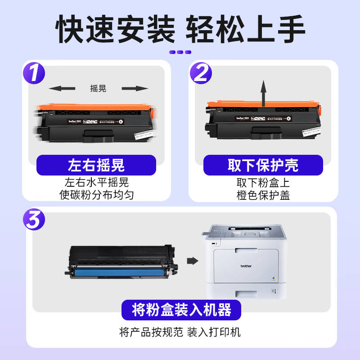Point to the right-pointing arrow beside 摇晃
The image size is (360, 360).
tap(135, 88)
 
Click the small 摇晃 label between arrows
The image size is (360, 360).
tap(98, 88)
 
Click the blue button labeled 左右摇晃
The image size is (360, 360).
tap(96, 165)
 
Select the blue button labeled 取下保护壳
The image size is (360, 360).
tap(263, 165)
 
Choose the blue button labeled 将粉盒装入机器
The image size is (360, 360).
tap(181, 310)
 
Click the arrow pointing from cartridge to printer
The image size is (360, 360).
tap(193, 261)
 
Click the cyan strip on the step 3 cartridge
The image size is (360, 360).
tap(118, 271)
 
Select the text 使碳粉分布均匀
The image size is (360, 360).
tap(96, 195)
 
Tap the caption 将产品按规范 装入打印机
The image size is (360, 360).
tap(180, 333)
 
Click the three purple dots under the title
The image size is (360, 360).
tap(180, 52)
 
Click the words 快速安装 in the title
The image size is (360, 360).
tap(115, 29)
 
